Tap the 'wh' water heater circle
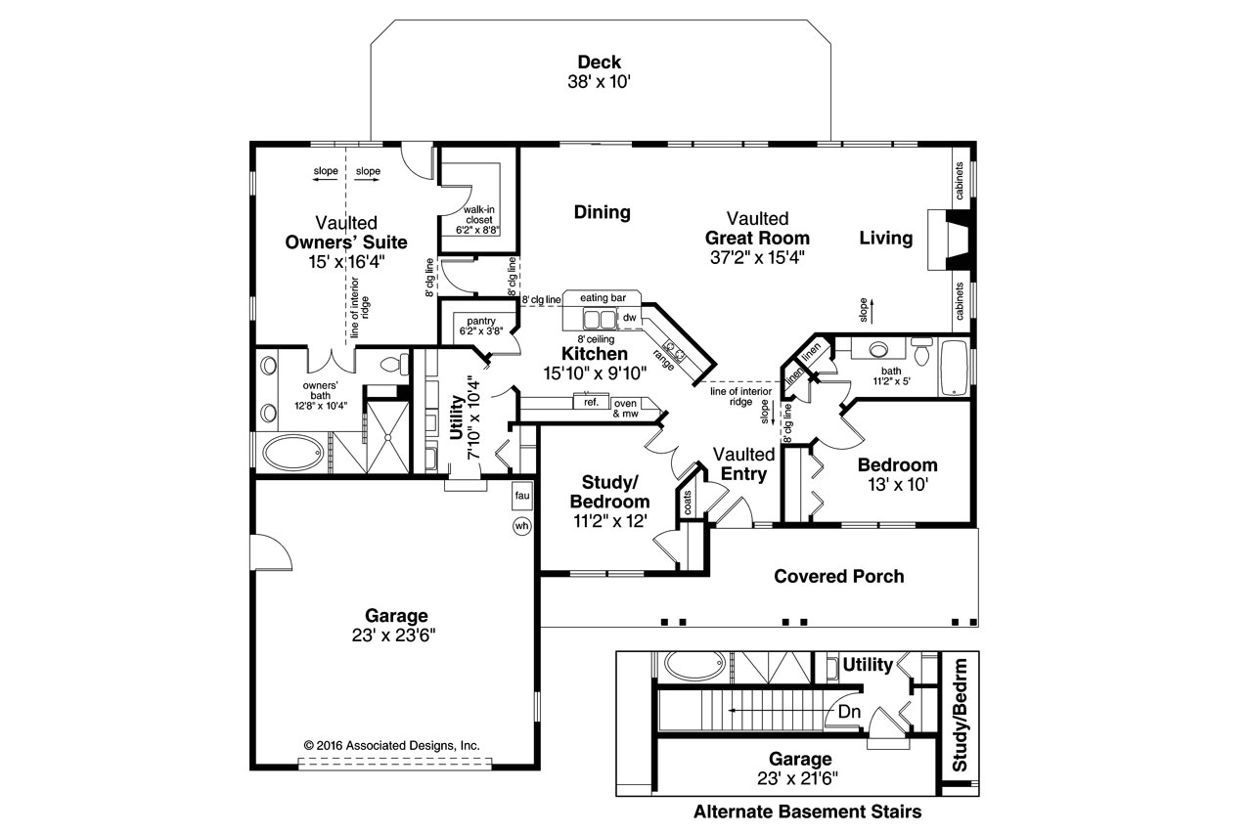[521, 526]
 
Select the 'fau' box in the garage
[521, 496]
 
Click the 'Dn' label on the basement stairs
[849, 712]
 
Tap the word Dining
[602, 212]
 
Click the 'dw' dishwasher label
[630, 318]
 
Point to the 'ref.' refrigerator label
[591, 402]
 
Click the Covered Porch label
[838, 576]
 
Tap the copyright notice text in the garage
[392, 744]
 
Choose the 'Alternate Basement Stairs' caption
[807, 812]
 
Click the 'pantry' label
[481, 321]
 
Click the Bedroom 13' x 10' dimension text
[897, 483]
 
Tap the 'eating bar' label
[603, 297]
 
